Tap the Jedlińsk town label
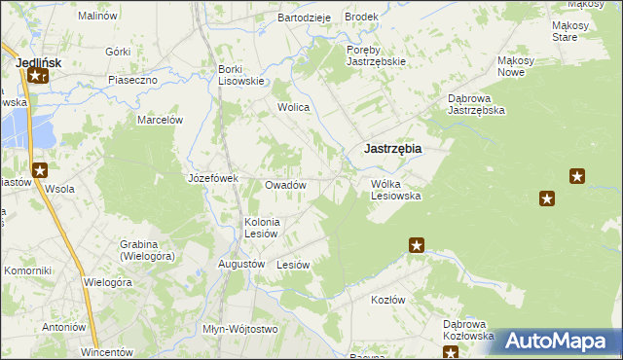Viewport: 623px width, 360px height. [40, 62]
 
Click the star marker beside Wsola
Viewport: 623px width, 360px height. [40, 170]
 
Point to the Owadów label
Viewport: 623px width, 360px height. [286, 185]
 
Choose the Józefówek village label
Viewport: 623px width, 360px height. [213, 179]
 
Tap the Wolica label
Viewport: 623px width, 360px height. [294, 108]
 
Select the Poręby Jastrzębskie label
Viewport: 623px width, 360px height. [376, 54]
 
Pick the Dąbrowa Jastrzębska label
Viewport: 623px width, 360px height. [476, 104]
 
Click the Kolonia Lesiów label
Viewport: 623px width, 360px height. [262, 227]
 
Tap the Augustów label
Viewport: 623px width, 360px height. [242, 264]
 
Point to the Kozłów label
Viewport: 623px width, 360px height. [387, 300]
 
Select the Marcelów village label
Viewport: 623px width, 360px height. [161, 120]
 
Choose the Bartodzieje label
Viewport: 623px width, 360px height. [305, 18]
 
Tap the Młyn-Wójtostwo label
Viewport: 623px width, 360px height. [239, 329]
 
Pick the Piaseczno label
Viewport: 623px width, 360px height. [133, 80]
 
